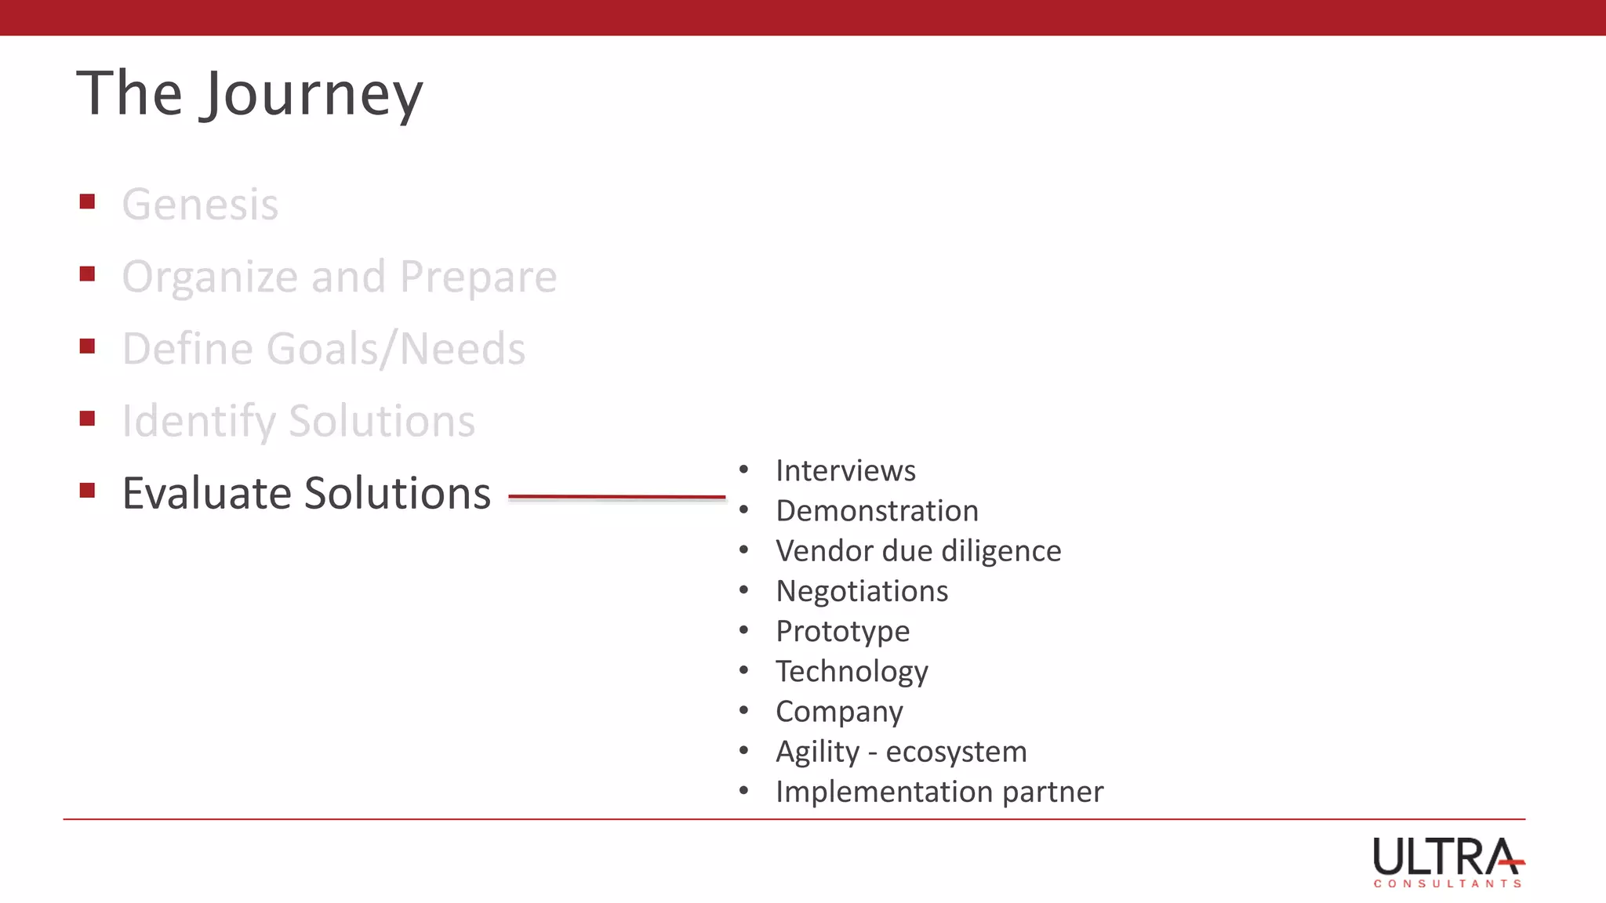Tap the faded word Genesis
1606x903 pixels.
pyautogui.click(x=200, y=205)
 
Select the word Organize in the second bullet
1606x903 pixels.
pyautogui.click(x=210, y=277)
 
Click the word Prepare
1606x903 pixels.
pyautogui.click(x=478, y=277)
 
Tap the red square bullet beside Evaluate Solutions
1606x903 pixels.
pyautogui.click(x=87, y=491)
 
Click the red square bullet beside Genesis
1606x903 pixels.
pyautogui.click(x=87, y=202)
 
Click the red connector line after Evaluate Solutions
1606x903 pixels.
pyautogui.click(x=616, y=497)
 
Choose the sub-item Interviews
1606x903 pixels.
pyautogui.click(x=845, y=471)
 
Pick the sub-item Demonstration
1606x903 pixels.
pyautogui.click(x=877, y=511)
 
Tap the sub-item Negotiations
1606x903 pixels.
pyautogui.click(x=862, y=591)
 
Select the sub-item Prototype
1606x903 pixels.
pyautogui.click(x=842, y=632)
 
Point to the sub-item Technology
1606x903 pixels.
pyautogui.click(x=852, y=672)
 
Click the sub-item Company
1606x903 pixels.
pyautogui.click(x=839, y=712)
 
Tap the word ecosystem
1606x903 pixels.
pyautogui.click(x=956, y=752)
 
